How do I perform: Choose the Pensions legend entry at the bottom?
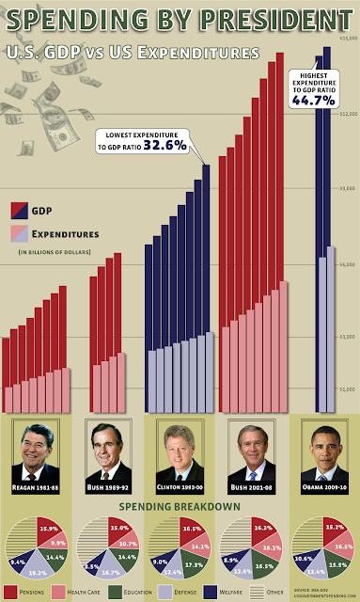(x=26, y=592)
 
